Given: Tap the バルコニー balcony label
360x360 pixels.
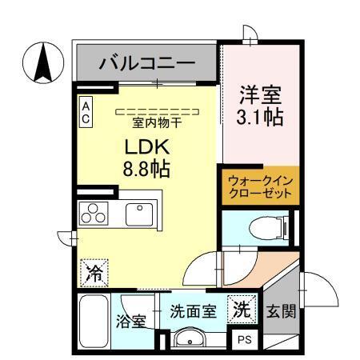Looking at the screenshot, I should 147,62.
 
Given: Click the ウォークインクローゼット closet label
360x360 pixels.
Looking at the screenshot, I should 260,187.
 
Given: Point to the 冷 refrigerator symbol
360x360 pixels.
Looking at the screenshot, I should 93,272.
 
